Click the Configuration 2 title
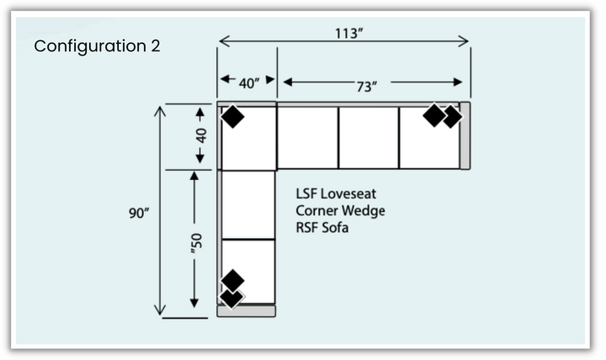coord(97,45)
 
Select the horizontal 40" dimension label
coord(248,83)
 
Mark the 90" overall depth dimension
coord(139,213)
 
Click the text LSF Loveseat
coord(335,193)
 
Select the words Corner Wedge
coord(340,210)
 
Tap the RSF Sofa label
coord(322,227)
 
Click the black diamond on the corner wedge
coord(232,118)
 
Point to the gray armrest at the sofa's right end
coord(465,135)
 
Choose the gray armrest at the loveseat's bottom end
coord(247,311)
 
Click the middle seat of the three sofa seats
coord(368,137)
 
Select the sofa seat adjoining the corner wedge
coord(307,137)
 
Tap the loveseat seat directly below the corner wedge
coord(248,204)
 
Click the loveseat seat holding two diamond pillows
coord(248,270)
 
